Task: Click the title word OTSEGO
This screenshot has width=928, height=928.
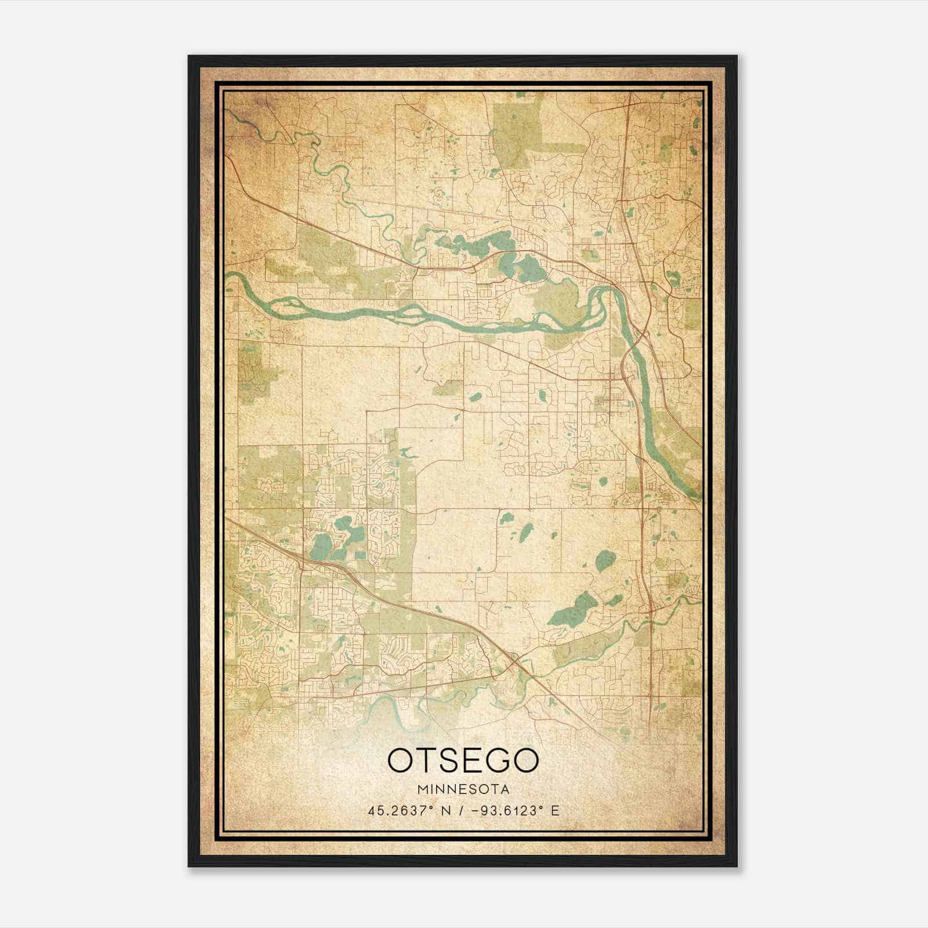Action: [463, 760]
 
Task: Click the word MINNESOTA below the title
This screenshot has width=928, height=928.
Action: [463, 789]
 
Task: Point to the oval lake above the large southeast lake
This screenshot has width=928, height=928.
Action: [605, 560]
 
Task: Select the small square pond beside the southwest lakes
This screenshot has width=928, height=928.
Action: [361, 555]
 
